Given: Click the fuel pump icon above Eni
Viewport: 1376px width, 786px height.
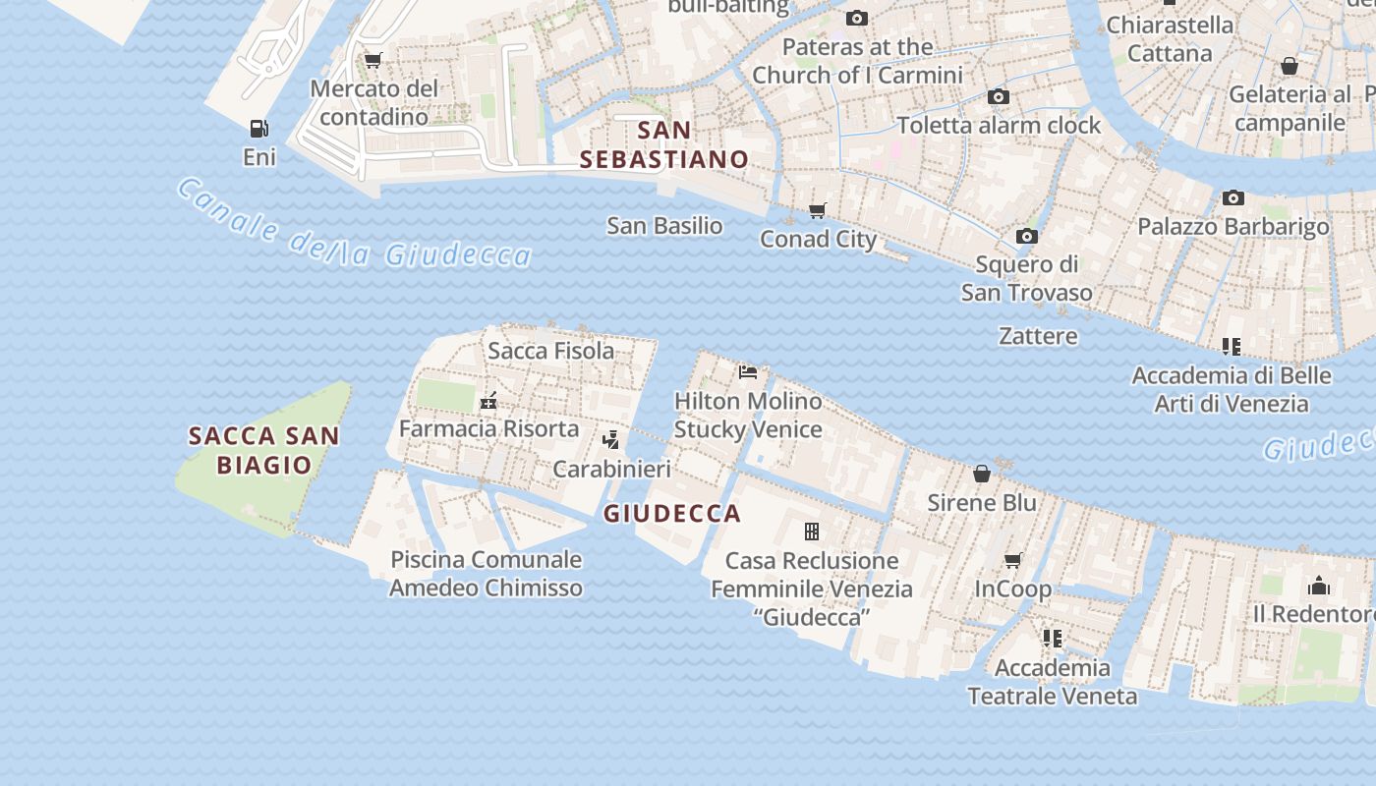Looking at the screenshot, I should click(258, 129).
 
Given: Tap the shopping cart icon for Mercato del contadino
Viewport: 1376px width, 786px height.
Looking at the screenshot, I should click(373, 61).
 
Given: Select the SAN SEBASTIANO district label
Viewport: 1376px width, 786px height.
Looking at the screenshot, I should click(664, 144).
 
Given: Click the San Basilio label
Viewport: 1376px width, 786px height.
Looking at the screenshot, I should click(664, 226).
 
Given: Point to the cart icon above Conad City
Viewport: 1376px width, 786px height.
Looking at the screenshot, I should click(817, 210).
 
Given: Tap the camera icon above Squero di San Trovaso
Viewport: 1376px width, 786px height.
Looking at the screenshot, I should click(1026, 236).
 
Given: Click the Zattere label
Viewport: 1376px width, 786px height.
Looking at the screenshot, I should click(1038, 336).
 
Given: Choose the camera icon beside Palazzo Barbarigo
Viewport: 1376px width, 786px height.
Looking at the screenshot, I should click(1233, 198).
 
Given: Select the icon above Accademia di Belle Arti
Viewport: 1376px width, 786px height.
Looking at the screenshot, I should click(1231, 347).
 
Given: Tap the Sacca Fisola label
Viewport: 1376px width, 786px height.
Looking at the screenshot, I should click(550, 351).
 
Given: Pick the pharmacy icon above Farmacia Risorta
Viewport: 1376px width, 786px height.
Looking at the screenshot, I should click(488, 401).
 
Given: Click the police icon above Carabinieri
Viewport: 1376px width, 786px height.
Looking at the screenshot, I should click(610, 440).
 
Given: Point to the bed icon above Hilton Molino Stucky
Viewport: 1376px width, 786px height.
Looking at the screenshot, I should click(748, 372).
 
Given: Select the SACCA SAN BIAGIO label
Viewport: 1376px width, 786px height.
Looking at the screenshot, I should click(263, 450).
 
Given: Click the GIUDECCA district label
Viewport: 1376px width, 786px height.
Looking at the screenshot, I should click(672, 513).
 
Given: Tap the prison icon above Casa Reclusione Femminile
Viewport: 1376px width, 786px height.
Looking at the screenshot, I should click(812, 532).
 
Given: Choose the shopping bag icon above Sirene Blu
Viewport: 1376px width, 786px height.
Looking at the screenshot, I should click(981, 475).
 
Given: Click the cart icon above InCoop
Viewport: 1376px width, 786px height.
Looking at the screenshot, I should click(1012, 560).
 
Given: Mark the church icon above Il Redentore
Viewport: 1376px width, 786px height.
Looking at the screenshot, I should click(1318, 587).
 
